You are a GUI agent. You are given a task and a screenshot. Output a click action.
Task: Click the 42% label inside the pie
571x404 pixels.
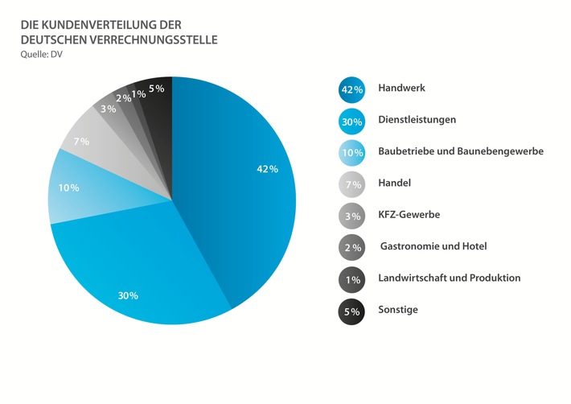click(x=267, y=169)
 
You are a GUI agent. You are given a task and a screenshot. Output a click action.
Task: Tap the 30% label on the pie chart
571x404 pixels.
click(x=128, y=295)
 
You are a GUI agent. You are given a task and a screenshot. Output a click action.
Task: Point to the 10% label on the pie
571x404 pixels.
click(x=68, y=188)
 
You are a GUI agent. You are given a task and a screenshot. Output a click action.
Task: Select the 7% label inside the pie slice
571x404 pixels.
click(x=81, y=142)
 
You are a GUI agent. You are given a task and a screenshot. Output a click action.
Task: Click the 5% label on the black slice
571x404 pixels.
click(x=157, y=89)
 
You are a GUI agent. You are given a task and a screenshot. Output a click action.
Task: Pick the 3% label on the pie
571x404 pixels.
click(x=108, y=109)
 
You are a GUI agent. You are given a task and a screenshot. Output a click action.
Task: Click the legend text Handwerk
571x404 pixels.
click(x=401, y=88)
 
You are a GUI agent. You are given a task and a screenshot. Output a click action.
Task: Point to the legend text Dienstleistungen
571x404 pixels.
click(x=417, y=119)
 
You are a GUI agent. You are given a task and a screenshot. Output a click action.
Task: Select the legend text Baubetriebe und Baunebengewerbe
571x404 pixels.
click(x=461, y=151)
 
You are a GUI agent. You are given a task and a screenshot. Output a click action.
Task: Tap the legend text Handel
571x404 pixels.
click(x=394, y=183)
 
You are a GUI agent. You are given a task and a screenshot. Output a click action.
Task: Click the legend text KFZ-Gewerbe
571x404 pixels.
click(x=410, y=215)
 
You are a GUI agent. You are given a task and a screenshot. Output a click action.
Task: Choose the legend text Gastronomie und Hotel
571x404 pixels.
click(x=433, y=246)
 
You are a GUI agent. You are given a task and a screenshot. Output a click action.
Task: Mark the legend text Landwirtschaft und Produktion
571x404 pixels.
click(x=449, y=278)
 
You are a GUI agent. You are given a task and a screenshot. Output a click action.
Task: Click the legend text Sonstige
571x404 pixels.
click(x=398, y=310)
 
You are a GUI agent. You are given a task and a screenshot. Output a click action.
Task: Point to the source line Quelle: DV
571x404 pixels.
click(x=41, y=55)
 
